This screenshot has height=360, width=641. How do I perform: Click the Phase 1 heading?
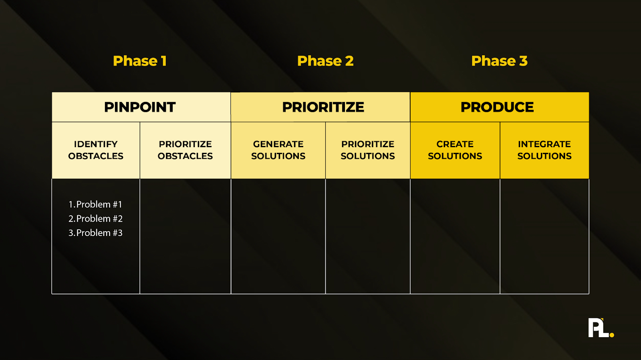coord(139,61)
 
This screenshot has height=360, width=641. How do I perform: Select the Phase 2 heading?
coord(325,61)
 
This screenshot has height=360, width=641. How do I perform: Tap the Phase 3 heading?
coord(499,61)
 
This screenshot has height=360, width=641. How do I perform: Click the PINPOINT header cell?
coord(140,107)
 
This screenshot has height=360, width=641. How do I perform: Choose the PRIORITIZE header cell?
coord(323,107)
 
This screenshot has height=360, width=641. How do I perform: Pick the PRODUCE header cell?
coord(497,107)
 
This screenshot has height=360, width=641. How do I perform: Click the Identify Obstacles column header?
coord(96,150)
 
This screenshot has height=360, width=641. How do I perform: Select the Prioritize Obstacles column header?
coord(185,150)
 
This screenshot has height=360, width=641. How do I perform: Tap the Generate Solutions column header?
coord(278,150)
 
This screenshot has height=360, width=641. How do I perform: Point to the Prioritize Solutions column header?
coord(368,150)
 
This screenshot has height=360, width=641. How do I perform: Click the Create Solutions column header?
coord(455,150)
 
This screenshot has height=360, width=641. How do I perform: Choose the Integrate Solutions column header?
coord(544,150)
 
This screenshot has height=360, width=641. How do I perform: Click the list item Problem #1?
coord(95,204)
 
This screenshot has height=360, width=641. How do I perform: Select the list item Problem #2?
coord(95,219)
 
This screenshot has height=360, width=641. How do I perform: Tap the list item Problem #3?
coord(95,233)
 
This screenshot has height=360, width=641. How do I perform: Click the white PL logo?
coord(598,328)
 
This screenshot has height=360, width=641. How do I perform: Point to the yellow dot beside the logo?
coord(612,335)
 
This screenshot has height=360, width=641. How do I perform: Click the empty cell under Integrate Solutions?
coord(544,236)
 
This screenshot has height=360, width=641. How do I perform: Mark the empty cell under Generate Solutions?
coord(278,236)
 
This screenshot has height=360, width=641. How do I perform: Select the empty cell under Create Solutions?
coord(455,236)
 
